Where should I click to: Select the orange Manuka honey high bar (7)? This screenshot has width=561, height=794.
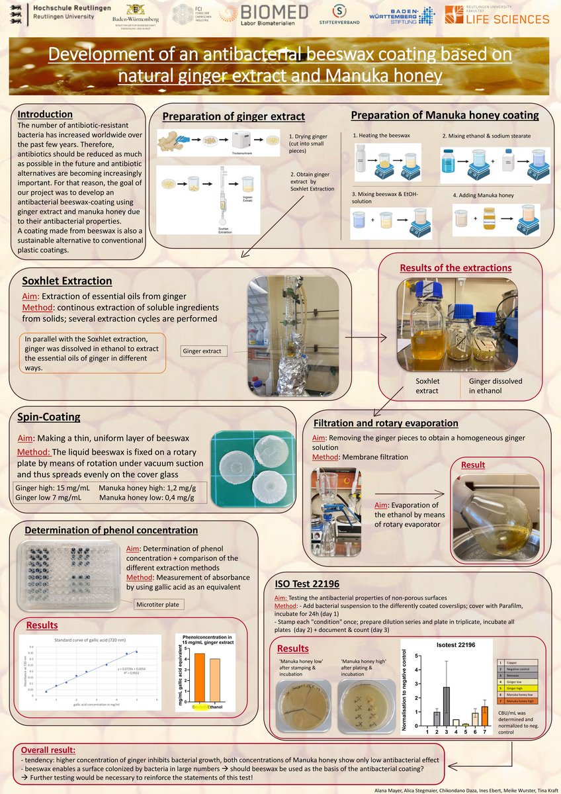485,716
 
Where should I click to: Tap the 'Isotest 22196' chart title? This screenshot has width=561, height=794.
456,644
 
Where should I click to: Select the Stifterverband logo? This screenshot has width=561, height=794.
339,17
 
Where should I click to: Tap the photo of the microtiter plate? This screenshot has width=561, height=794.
69,573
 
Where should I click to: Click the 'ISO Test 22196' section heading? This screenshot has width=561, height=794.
306,584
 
